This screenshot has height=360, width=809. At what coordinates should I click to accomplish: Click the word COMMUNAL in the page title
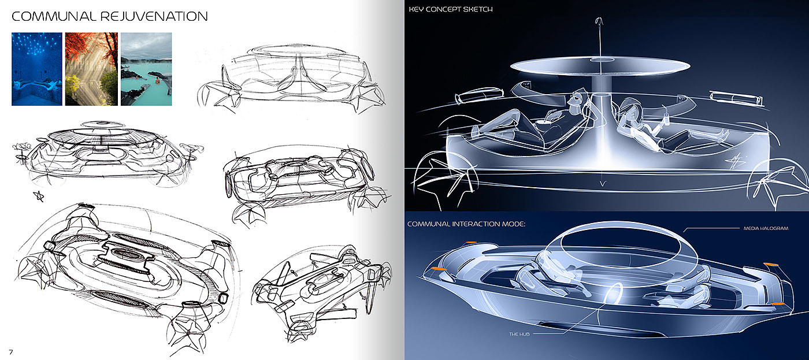click(x=54, y=16)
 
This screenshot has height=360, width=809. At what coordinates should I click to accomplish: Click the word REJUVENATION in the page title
click(x=154, y=16)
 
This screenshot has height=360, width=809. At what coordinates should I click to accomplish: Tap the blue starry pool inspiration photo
click(x=36, y=69)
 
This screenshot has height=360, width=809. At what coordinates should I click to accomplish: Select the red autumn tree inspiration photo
click(x=91, y=69)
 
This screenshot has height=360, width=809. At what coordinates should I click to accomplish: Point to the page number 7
click(x=10, y=351)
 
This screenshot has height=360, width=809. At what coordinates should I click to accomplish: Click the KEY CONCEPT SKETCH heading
click(x=450, y=10)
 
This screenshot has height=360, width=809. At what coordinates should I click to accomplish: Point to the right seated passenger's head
click(x=628, y=108)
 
